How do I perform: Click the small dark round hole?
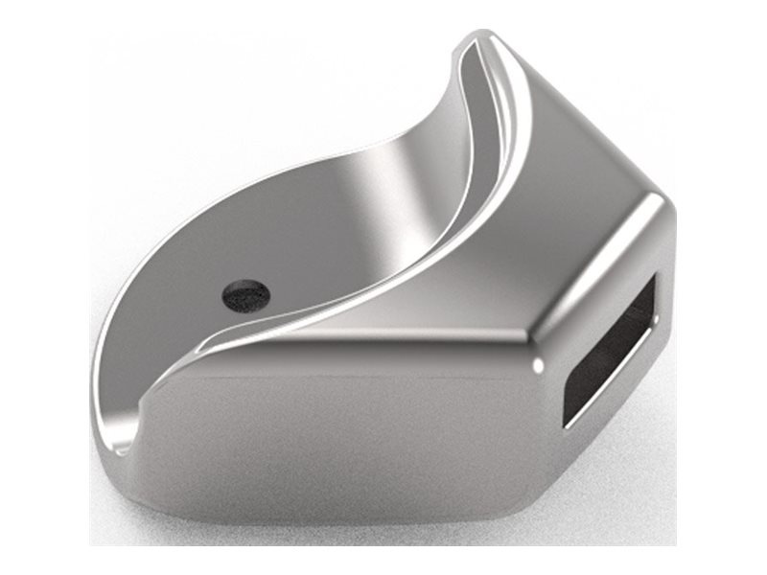(x=245, y=294)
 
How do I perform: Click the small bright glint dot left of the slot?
(x=540, y=365)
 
